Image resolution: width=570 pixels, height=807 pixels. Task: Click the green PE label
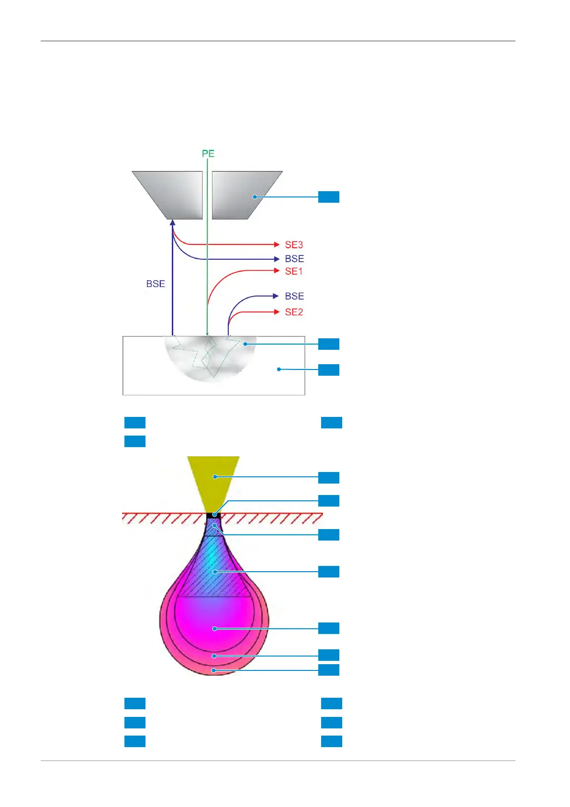[208, 154]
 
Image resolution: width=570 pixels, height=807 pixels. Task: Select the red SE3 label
[294, 245]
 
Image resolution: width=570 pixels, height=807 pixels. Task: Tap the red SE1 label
[294, 271]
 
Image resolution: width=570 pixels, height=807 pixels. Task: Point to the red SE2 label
[294, 312]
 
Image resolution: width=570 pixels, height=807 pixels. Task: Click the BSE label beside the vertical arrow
[156, 284]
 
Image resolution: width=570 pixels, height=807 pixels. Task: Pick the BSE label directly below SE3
[294, 259]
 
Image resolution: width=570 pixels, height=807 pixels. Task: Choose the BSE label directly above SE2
[294, 296]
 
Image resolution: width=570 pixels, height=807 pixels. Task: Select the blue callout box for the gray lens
[329, 197]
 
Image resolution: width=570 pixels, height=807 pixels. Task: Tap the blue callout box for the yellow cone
[329, 477]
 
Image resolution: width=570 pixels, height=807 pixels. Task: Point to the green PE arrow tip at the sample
[207, 334]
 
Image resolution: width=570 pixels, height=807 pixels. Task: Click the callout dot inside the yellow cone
[215, 477]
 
